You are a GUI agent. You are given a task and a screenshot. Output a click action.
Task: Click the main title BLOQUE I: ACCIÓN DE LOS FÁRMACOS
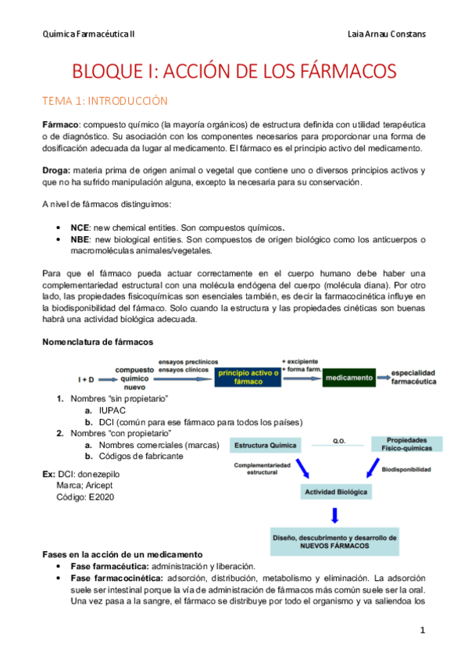click(x=234, y=71)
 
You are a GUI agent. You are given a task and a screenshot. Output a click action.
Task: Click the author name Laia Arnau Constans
click(x=386, y=34)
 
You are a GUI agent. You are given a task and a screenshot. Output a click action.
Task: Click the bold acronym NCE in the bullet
click(x=80, y=225)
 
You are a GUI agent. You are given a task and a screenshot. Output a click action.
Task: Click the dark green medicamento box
click(x=349, y=378)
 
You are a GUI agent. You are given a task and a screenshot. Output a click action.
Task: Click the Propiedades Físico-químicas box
click(x=406, y=444)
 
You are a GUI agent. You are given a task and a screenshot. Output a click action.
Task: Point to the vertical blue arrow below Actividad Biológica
click(x=334, y=515)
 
